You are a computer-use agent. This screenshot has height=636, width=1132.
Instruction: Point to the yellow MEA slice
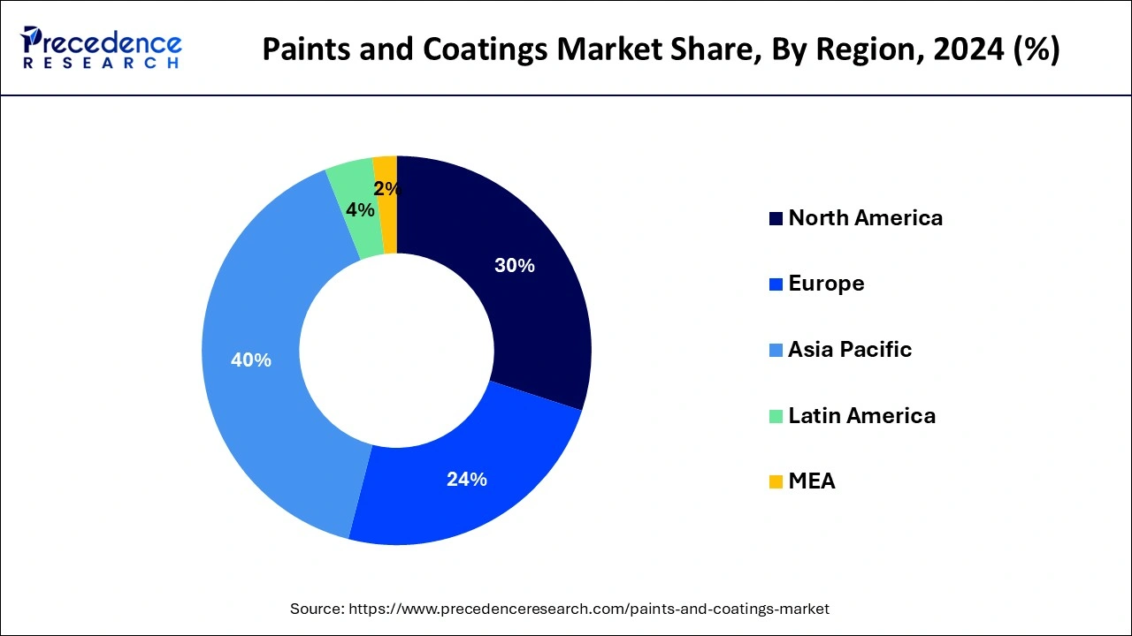coord(386,168)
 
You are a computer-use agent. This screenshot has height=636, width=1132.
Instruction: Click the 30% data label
coord(514,265)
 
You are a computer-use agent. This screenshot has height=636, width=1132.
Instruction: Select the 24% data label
coord(466,480)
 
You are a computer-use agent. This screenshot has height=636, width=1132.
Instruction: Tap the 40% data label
coord(250,360)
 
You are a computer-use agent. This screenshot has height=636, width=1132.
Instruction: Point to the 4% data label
coord(359,210)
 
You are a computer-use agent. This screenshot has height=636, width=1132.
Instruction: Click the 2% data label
coord(386,189)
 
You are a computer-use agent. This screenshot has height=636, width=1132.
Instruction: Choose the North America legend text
coord(865,218)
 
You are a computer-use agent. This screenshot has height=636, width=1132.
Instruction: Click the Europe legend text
coord(826,284)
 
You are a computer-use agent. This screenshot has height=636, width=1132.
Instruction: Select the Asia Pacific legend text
coord(849,350)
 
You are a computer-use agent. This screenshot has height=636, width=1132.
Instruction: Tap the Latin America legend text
coord(861,415)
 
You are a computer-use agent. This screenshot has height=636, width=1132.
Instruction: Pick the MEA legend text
coord(811,481)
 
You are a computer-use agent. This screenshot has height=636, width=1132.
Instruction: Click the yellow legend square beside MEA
coord(776,481)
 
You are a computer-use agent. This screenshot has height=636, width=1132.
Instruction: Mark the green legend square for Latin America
coord(776,416)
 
